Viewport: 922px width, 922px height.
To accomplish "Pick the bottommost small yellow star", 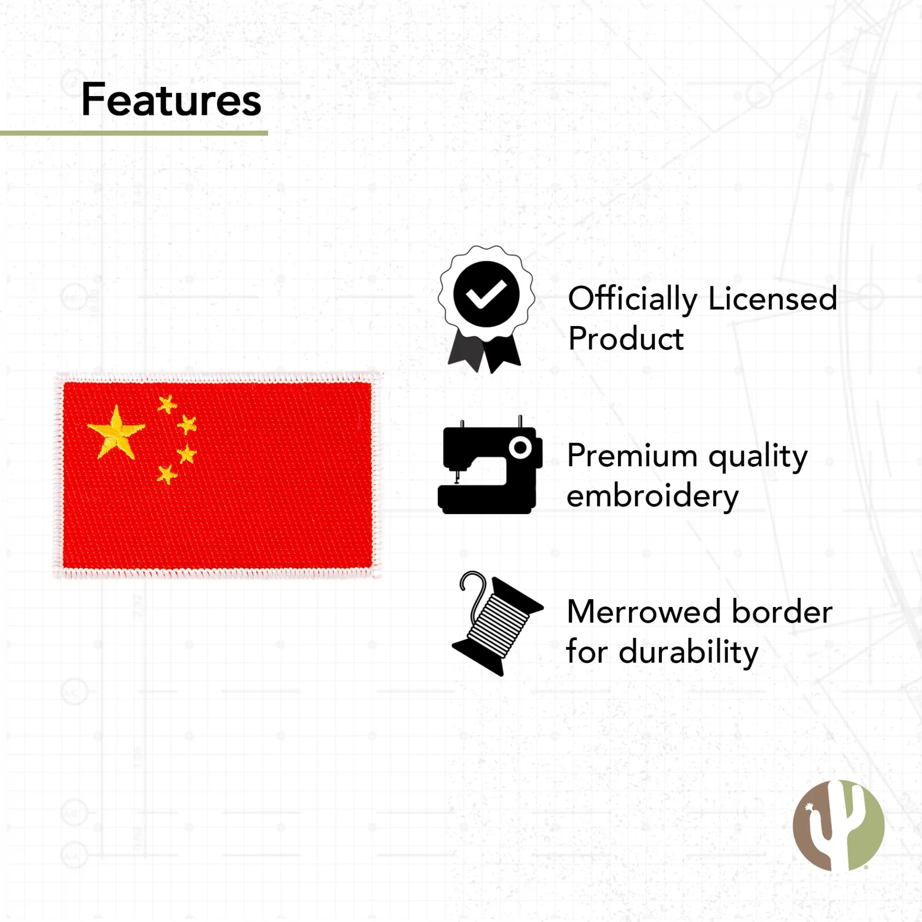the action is pyautogui.click(x=167, y=474).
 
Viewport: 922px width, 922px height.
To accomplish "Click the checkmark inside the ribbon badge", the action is pyautogui.click(x=486, y=294).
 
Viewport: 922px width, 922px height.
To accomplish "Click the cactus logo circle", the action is pyautogui.click(x=838, y=825).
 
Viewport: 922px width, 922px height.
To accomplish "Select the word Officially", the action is pyautogui.click(x=632, y=299).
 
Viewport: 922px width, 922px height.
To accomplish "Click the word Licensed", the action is pyautogui.click(x=773, y=299).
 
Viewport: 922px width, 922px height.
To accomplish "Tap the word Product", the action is pyautogui.click(x=626, y=339).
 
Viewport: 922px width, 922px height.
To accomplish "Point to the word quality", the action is pyautogui.click(x=758, y=457).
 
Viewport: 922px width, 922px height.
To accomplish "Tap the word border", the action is pyautogui.click(x=783, y=612).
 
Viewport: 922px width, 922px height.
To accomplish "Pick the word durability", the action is pyautogui.click(x=689, y=653).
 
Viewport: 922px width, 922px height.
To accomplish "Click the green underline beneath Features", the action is pyautogui.click(x=134, y=133).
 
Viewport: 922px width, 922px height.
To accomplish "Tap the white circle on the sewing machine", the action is pyautogui.click(x=521, y=448).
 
